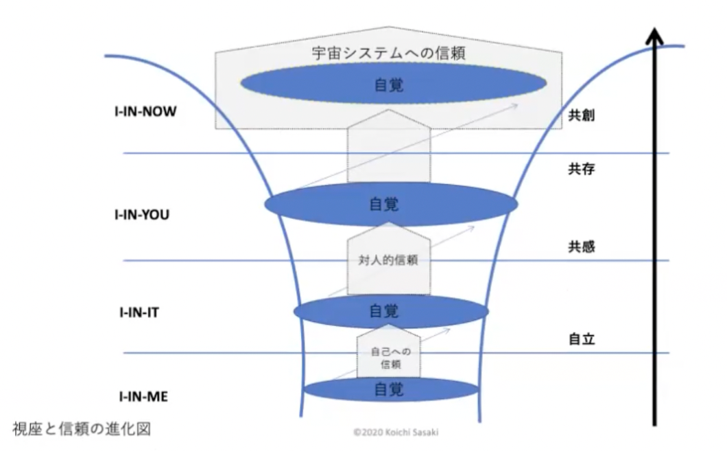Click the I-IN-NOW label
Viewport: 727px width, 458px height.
tap(145, 112)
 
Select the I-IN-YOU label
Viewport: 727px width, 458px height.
tap(142, 215)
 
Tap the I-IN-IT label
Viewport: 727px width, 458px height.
tap(139, 312)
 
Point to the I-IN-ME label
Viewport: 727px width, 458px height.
tap(143, 397)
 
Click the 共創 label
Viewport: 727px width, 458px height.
tap(582, 115)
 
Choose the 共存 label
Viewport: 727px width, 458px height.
tap(582, 168)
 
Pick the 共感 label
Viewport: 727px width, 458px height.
tap(582, 247)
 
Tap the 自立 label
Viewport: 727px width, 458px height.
tap(582, 339)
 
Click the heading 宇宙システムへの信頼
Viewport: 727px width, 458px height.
tap(389, 53)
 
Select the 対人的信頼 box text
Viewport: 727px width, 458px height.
tap(389, 260)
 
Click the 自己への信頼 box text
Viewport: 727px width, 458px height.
tap(390, 358)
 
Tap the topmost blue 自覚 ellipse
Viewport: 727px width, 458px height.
tap(393, 84)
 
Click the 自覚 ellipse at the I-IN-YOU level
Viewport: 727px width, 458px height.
tap(391, 204)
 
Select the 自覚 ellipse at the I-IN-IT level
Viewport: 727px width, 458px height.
tap(391, 311)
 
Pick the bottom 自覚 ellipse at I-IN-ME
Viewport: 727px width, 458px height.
tap(391, 390)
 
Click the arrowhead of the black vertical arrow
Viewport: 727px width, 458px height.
tap(654, 35)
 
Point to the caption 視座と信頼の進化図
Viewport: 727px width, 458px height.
tap(82, 429)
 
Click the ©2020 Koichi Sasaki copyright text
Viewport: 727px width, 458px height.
tap(396, 433)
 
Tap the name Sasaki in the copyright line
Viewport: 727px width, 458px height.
tap(425, 433)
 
